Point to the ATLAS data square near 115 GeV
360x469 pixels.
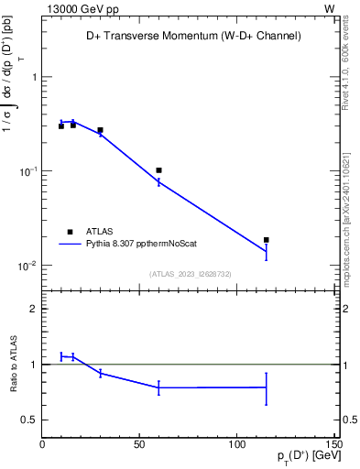coord(267,240)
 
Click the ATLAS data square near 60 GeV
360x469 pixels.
coord(158,170)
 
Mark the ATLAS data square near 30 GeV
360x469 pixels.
coord(100,130)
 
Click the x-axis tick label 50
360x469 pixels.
coord(139,445)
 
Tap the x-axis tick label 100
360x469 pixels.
coord(236,445)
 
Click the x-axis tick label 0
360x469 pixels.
coord(42,445)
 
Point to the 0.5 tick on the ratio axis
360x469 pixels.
coord(28,420)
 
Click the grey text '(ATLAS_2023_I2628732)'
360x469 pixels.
coord(190,272)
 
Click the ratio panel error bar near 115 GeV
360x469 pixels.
coord(267,387)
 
